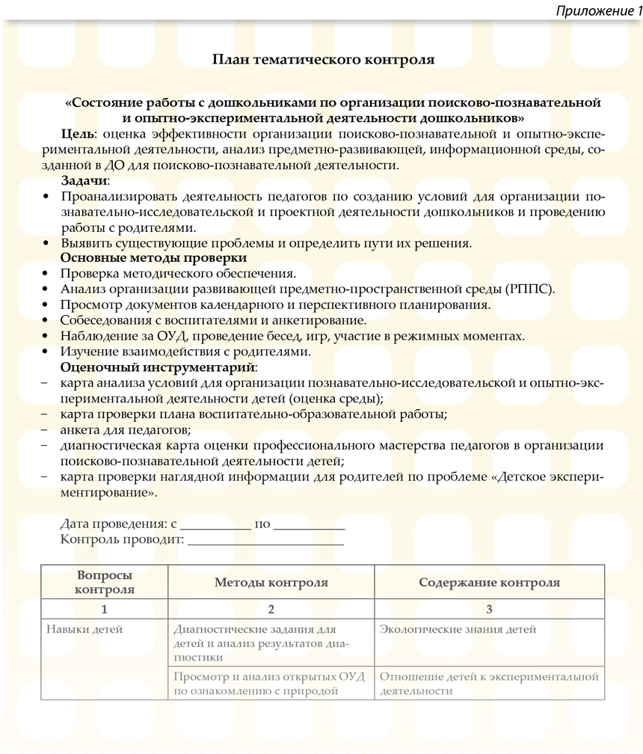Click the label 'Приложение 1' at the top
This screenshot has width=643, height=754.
pyautogui.click(x=598, y=11)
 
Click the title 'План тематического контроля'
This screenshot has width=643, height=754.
pyautogui.click(x=323, y=59)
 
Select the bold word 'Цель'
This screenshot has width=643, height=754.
pyautogui.click(x=78, y=134)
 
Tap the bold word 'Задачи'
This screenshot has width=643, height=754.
pyautogui.click(x=84, y=181)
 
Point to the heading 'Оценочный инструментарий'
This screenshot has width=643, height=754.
pyautogui.click(x=157, y=367)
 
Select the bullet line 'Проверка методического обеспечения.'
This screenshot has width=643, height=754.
pyautogui.click(x=179, y=274)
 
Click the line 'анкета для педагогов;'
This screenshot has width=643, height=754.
pyautogui.click(x=126, y=429)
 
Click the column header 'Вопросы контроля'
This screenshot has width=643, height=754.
pyautogui.click(x=105, y=582)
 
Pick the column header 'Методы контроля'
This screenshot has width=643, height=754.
pyautogui.click(x=271, y=583)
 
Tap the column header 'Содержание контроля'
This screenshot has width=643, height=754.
pyautogui.click(x=489, y=583)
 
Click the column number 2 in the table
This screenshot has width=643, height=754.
pyautogui.click(x=271, y=610)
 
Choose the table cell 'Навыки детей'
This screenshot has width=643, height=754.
pyautogui.click(x=84, y=630)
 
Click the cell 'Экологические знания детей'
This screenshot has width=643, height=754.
pyautogui.click(x=458, y=630)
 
